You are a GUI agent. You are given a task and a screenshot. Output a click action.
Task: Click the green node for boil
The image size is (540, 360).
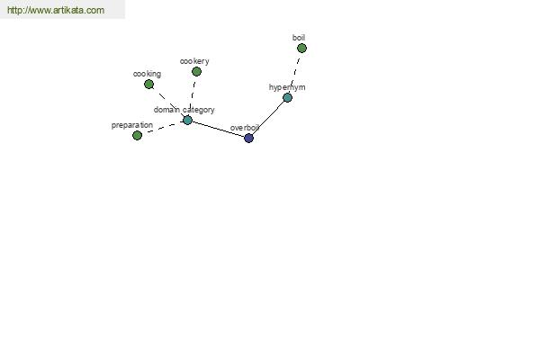click(301, 49)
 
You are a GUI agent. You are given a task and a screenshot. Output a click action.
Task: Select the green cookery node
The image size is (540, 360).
click(196, 72)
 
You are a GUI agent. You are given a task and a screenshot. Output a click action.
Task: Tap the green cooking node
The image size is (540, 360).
click(148, 84)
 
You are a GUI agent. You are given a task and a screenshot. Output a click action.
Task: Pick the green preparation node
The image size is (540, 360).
click(137, 135)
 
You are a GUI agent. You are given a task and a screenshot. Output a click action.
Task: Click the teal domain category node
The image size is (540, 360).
click(187, 120)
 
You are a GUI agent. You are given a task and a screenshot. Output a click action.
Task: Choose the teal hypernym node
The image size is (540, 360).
click(288, 98)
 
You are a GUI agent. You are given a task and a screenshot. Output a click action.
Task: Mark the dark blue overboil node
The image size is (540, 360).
click(248, 138)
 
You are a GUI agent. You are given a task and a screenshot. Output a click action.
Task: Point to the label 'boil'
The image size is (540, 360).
click(299, 37)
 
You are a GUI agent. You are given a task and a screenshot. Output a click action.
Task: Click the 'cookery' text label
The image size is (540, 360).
click(194, 61)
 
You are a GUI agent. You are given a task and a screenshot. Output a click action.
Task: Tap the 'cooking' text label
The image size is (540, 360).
click(147, 74)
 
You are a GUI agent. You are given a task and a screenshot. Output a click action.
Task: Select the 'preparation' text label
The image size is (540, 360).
click(132, 125)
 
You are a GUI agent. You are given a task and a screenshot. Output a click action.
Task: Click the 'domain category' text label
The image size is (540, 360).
click(184, 110)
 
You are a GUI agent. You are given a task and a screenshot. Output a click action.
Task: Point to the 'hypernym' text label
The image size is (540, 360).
click(287, 87)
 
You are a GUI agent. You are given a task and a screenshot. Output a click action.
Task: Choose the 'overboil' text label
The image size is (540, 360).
click(245, 128)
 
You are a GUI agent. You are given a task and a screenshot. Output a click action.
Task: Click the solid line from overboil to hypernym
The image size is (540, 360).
click(268, 118)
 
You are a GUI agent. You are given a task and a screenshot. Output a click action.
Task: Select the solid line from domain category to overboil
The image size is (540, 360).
click(218, 129)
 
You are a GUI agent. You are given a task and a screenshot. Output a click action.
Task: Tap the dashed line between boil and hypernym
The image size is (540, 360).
click(295, 72)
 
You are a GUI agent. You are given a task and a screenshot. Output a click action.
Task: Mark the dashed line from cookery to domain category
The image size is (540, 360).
click(192, 95)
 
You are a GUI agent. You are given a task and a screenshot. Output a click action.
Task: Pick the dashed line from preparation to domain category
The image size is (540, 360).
click(162, 128)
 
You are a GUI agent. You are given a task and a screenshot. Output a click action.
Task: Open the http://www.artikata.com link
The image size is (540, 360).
click(56, 10)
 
